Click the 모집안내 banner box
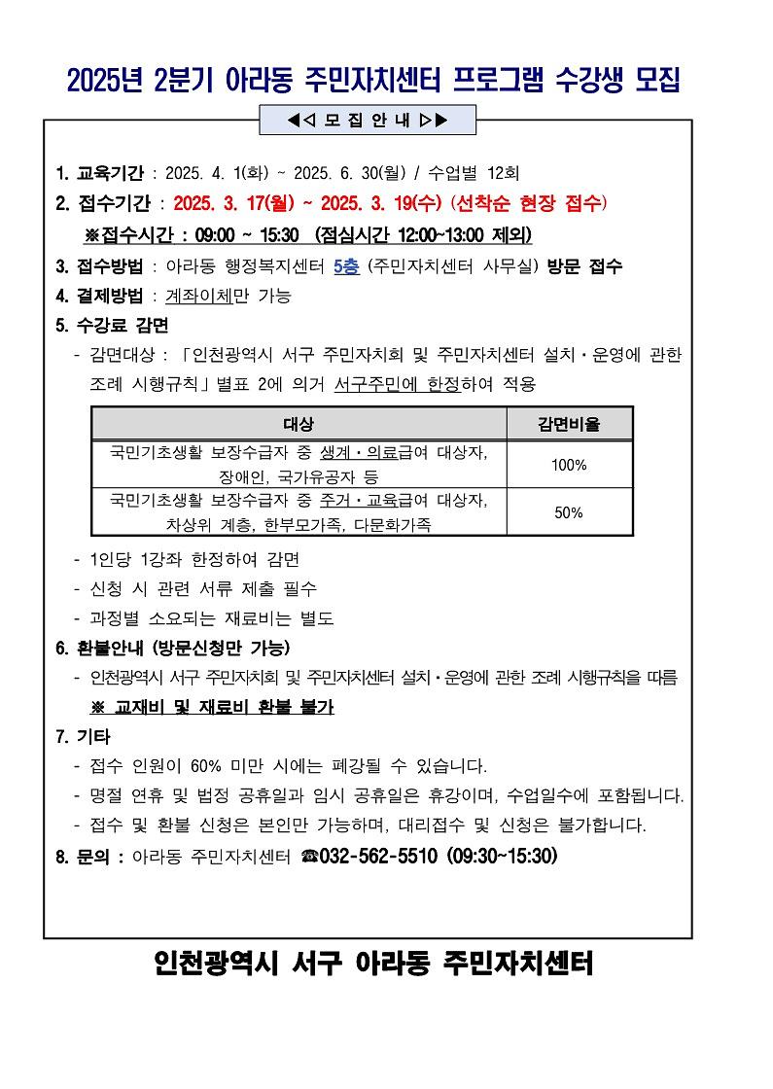coord(368,121)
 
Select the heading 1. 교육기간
coord(101,174)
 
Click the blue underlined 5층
coord(346,266)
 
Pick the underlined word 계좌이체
coord(199,297)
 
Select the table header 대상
coord(299,424)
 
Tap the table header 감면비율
coord(569,424)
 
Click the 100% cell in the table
coord(569,465)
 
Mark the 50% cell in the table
coord(569,512)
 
